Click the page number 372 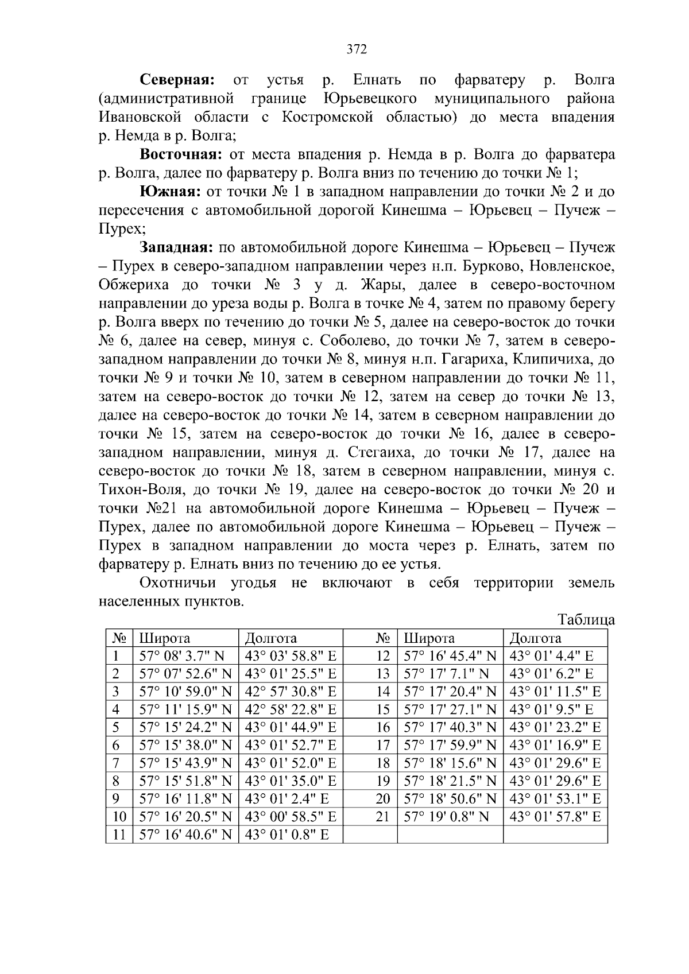pos(357,49)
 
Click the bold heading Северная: pos(178,80)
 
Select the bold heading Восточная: pos(181,154)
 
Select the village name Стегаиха pos(379,453)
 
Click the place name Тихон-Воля pos(136,490)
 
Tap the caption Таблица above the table pos(586,620)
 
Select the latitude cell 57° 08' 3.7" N pos(183,656)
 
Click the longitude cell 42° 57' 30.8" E pos(290,692)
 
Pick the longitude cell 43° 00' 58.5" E pos(290,816)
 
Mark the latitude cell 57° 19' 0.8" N pos(447,816)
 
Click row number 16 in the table pos(382,728)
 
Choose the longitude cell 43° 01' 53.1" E pos(555,798)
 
